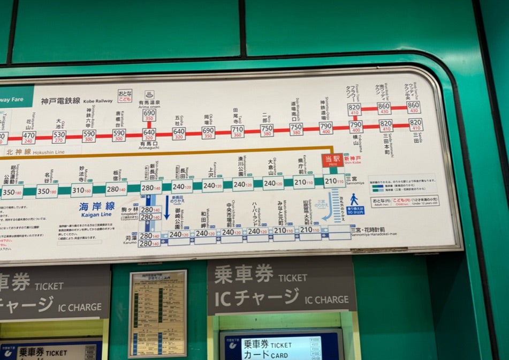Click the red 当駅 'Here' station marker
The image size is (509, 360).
(332, 160)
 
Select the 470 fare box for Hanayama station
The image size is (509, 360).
(28, 137)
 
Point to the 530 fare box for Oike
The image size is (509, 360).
(59, 137)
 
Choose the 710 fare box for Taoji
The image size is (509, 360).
(237, 131)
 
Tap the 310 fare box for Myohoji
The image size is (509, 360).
(81, 190)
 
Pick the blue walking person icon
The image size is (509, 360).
(354, 199)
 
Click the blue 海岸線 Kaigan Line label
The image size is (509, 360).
(97, 208)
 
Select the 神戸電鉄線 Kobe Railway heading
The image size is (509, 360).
(60, 101)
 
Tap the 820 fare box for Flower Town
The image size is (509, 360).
(354, 108)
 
